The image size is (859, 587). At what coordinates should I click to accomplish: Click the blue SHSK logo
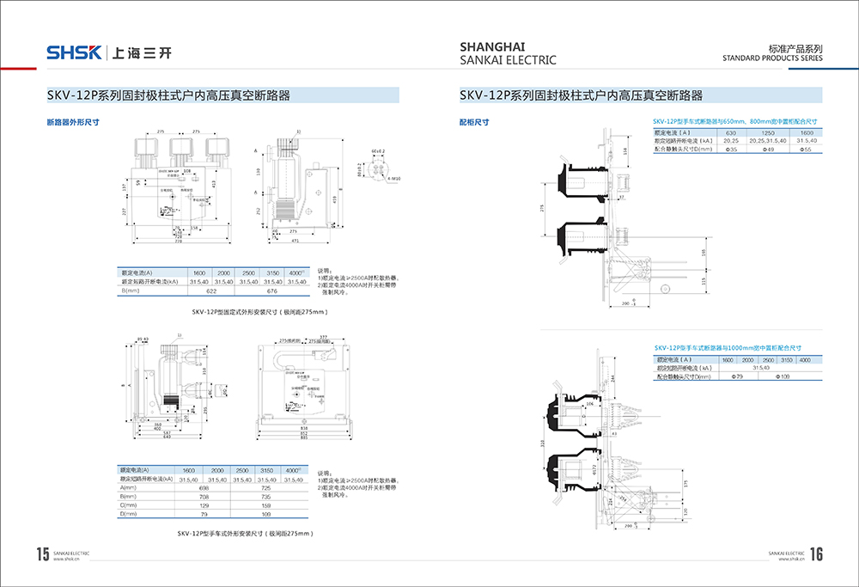75,53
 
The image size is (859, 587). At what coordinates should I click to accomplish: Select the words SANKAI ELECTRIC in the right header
508,60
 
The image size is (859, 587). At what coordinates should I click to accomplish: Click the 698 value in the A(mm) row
204,488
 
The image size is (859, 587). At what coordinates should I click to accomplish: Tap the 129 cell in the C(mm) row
204,505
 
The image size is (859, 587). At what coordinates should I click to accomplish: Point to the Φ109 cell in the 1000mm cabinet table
783,376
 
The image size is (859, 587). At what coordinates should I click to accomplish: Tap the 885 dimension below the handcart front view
306,437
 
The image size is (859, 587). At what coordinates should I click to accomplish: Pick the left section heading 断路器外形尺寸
73,122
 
